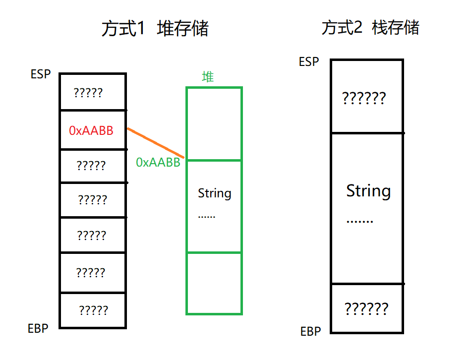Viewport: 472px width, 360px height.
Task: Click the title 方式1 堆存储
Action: [155, 28]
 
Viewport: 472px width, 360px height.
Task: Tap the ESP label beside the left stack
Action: [41, 74]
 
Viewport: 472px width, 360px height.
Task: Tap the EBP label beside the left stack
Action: [38, 328]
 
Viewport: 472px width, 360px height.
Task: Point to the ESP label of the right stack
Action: [309, 62]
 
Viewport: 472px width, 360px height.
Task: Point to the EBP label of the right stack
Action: [311, 331]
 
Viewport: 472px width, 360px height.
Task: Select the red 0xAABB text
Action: [91, 130]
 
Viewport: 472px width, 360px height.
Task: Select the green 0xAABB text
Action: [158, 162]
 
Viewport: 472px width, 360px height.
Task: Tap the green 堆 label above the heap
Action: [208, 76]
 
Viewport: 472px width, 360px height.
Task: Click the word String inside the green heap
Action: [214, 193]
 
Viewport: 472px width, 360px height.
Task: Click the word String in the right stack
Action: [368, 191]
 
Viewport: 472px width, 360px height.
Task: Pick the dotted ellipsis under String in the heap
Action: [207, 217]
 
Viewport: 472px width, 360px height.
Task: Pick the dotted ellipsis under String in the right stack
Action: [359, 221]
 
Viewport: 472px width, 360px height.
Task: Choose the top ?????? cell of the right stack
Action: [366, 97]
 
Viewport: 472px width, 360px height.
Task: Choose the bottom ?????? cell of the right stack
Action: [366, 308]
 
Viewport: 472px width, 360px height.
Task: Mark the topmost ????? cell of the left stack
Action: [92, 92]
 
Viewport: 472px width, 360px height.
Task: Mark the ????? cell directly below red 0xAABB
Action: [92, 165]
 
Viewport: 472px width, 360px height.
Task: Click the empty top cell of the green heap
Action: [214, 123]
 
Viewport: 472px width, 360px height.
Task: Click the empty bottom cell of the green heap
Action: [214, 283]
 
